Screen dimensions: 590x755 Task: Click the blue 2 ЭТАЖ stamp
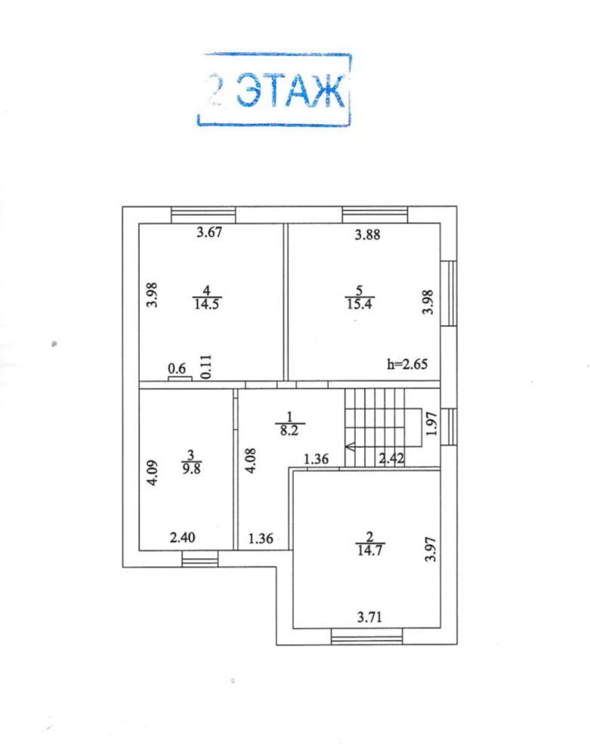click(x=274, y=90)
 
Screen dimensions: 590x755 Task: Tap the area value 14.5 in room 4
click(x=207, y=304)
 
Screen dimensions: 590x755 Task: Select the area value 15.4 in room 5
click(x=360, y=304)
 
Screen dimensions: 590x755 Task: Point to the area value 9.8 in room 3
click(x=191, y=469)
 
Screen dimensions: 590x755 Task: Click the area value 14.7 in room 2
click(x=370, y=550)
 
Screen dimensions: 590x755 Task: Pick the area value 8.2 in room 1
click(x=289, y=430)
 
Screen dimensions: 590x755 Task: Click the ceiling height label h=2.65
click(x=407, y=364)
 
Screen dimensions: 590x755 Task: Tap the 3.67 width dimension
click(x=209, y=232)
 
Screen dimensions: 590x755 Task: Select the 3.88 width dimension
click(x=367, y=235)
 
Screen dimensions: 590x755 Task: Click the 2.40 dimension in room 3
click(x=183, y=538)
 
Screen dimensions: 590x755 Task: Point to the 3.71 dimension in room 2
click(x=370, y=618)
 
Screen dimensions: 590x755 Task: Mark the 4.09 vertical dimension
click(x=152, y=473)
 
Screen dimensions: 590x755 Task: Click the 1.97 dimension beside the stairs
click(x=432, y=424)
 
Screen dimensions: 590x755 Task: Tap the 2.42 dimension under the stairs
click(x=391, y=458)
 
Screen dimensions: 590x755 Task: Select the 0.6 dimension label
click(x=177, y=369)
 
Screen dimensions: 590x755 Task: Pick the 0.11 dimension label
click(x=205, y=366)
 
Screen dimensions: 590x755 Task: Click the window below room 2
click(x=367, y=637)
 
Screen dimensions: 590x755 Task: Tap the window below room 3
click(x=200, y=559)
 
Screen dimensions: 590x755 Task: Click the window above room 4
click(x=203, y=214)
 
